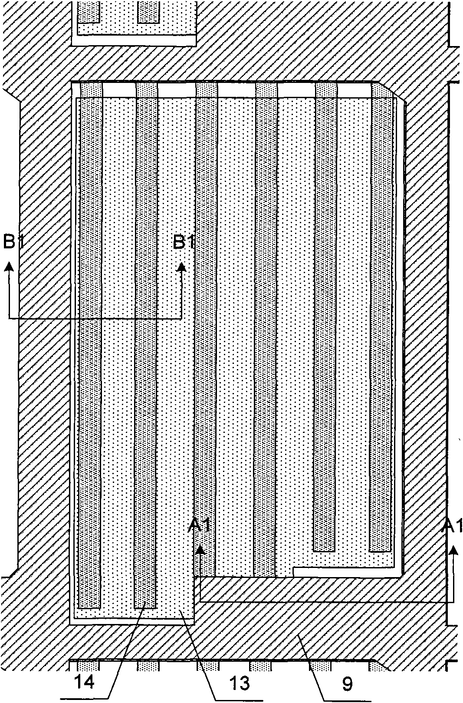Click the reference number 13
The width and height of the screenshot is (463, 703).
coord(239,683)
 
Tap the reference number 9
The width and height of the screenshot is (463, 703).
coord(348,683)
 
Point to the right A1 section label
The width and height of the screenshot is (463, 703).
coord(453,527)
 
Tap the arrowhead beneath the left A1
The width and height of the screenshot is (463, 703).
coord(200,550)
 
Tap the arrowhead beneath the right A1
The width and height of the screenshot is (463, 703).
coord(453,550)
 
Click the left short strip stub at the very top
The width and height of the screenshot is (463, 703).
coord(89,12)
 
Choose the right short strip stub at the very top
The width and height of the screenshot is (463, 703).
coord(148,12)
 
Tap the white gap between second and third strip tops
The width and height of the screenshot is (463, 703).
coord(177,90)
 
